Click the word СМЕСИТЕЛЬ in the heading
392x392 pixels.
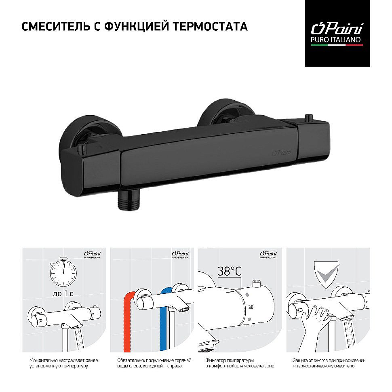[55, 27]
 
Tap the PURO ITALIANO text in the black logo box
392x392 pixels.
[335, 40]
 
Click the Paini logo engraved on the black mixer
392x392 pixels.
[282, 152]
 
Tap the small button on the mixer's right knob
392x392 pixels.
[309, 117]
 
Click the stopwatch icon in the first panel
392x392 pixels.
[63, 272]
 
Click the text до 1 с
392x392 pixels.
[63, 293]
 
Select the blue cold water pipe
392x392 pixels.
[164, 320]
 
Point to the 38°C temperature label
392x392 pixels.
[230, 272]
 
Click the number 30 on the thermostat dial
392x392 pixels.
[251, 307]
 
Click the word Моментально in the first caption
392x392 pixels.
[44, 360]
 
